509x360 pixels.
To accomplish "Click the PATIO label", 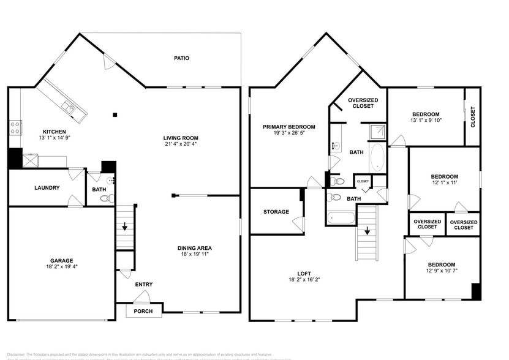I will pos(181,58).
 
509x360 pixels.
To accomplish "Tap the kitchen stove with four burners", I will pos(15,128).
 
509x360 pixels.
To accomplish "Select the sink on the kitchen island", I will pos(68,109).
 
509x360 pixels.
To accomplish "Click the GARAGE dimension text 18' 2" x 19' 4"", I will pos(62,267).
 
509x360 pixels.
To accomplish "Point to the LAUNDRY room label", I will pos(47,187).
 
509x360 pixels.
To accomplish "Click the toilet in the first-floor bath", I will pos(105,198).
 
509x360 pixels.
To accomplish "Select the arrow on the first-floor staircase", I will pos(125,227).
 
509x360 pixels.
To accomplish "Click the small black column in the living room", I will pos(115,114).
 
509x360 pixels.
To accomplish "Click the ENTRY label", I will pos(144,284).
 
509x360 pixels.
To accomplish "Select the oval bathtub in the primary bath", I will pos(377,158).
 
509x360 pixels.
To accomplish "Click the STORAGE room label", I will pos(276,212).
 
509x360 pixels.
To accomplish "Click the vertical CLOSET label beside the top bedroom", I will pos(472,117).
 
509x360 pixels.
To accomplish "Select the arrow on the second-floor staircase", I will pos(367,231).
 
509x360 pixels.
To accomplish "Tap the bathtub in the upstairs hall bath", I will pos(341,217).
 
